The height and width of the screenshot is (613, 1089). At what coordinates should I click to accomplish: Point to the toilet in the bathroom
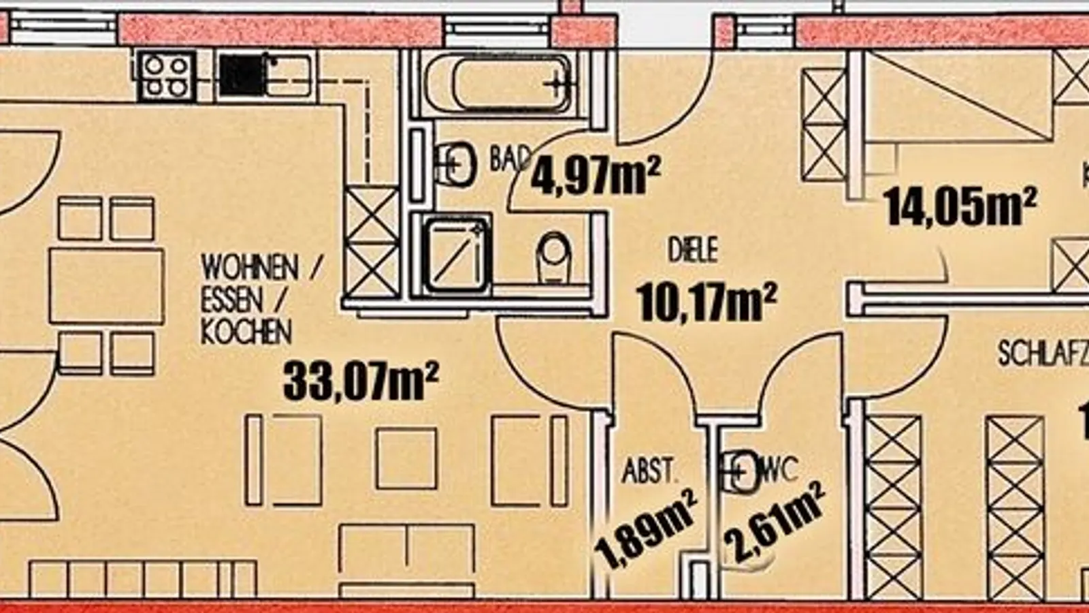(554, 258)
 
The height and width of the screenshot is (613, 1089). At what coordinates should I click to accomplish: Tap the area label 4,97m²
(596, 176)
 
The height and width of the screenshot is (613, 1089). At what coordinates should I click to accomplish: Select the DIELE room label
(692, 251)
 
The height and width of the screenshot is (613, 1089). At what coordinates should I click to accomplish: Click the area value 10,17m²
(706, 302)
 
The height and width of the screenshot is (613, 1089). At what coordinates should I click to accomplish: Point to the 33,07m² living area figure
(361, 381)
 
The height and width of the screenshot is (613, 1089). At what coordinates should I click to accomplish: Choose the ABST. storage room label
(650, 471)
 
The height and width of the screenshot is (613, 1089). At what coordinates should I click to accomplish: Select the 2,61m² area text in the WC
(774, 522)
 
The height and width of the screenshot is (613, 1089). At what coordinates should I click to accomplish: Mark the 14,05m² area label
(960, 206)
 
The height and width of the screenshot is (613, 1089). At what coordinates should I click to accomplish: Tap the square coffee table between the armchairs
(406, 458)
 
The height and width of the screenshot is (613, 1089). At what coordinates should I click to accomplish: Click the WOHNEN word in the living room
(249, 268)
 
